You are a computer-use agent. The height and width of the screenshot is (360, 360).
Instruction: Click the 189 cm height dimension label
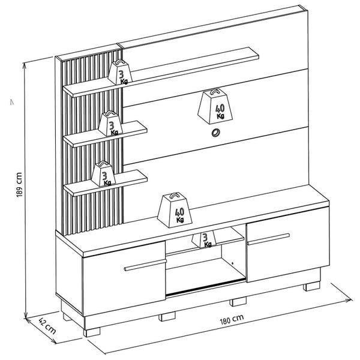click(19, 185)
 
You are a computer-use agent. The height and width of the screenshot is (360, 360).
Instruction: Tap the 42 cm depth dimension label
click(47, 326)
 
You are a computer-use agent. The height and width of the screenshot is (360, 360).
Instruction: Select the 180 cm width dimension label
click(232, 319)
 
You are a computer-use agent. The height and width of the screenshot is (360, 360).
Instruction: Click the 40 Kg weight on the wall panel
click(215, 106)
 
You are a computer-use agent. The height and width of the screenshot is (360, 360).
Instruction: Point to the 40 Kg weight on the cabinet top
click(175, 210)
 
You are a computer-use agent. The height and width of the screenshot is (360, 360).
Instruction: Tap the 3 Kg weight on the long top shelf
click(120, 72)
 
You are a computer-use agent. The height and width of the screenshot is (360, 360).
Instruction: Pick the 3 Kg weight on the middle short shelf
click(110, 124)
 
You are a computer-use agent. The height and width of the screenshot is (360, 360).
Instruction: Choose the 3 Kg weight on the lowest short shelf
click(104, 173)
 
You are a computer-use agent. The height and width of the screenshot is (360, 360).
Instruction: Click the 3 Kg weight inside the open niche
click(204, 239)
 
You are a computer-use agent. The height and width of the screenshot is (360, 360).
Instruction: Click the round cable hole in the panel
click(215, 133)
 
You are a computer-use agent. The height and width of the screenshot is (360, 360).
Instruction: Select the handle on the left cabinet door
click(145, 265)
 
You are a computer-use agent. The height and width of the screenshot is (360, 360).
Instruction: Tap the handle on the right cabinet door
click(269, 239)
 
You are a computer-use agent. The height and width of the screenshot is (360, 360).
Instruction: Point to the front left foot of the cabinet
click(92, 332)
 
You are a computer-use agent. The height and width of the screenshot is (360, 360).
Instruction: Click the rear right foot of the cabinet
click(311, 286)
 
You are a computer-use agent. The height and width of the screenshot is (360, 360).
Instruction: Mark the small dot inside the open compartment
click(232, 263)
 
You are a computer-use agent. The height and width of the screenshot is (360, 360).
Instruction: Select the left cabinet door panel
click(124, 278)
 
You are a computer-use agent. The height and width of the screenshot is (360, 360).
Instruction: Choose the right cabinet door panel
click(288, 244)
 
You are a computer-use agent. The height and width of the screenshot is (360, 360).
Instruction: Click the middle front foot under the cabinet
click(167, 317)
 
